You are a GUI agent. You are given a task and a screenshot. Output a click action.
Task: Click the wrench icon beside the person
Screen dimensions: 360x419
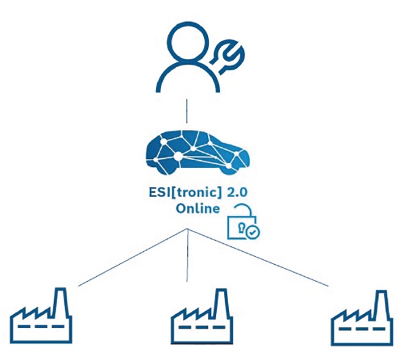click(226, 54)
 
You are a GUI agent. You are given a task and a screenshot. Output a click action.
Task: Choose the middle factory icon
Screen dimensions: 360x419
click(201, 317)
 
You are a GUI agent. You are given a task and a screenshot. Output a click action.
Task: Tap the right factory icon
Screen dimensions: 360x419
click(361, 317)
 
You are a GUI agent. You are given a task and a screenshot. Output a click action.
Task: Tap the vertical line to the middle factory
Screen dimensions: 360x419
click(187, 257)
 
